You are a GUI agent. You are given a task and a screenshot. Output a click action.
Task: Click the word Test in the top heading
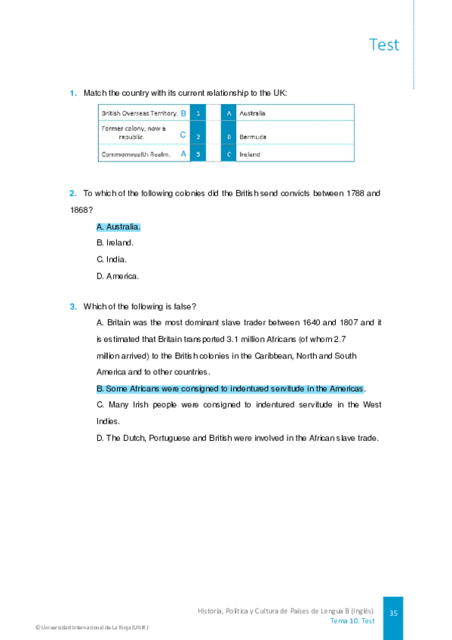pos(384,45)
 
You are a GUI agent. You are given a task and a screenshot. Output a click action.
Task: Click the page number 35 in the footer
pos(393,614)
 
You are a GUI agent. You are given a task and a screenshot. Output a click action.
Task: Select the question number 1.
pos(73,93)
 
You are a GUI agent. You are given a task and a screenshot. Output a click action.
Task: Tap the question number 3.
pos(73,306)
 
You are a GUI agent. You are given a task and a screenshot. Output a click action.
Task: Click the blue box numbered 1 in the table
pos(197,113)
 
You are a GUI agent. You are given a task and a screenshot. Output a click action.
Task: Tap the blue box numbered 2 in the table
pos(197,137)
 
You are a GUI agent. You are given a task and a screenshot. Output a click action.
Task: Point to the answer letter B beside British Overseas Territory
pos(183,113)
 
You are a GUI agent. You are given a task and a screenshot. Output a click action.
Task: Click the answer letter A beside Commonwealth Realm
pos(183,153)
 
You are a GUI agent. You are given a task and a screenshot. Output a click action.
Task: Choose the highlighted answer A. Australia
pos(118,226)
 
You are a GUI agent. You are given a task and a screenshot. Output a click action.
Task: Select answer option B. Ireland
pos(115,242)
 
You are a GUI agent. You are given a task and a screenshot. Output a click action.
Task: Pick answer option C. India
pos(112,259)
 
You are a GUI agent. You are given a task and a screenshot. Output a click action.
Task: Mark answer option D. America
pos(118,276)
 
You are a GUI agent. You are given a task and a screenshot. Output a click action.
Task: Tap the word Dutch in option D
pos(133,438)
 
